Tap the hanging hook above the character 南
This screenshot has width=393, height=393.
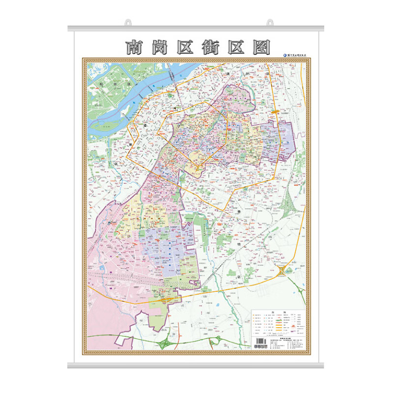coord(128,22)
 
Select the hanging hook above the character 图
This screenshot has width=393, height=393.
coord(270,22)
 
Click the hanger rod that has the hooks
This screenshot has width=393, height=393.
coord(196,28)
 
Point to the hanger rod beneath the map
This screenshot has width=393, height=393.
coord(196,365)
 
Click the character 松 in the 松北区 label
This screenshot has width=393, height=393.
coord(101,84)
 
